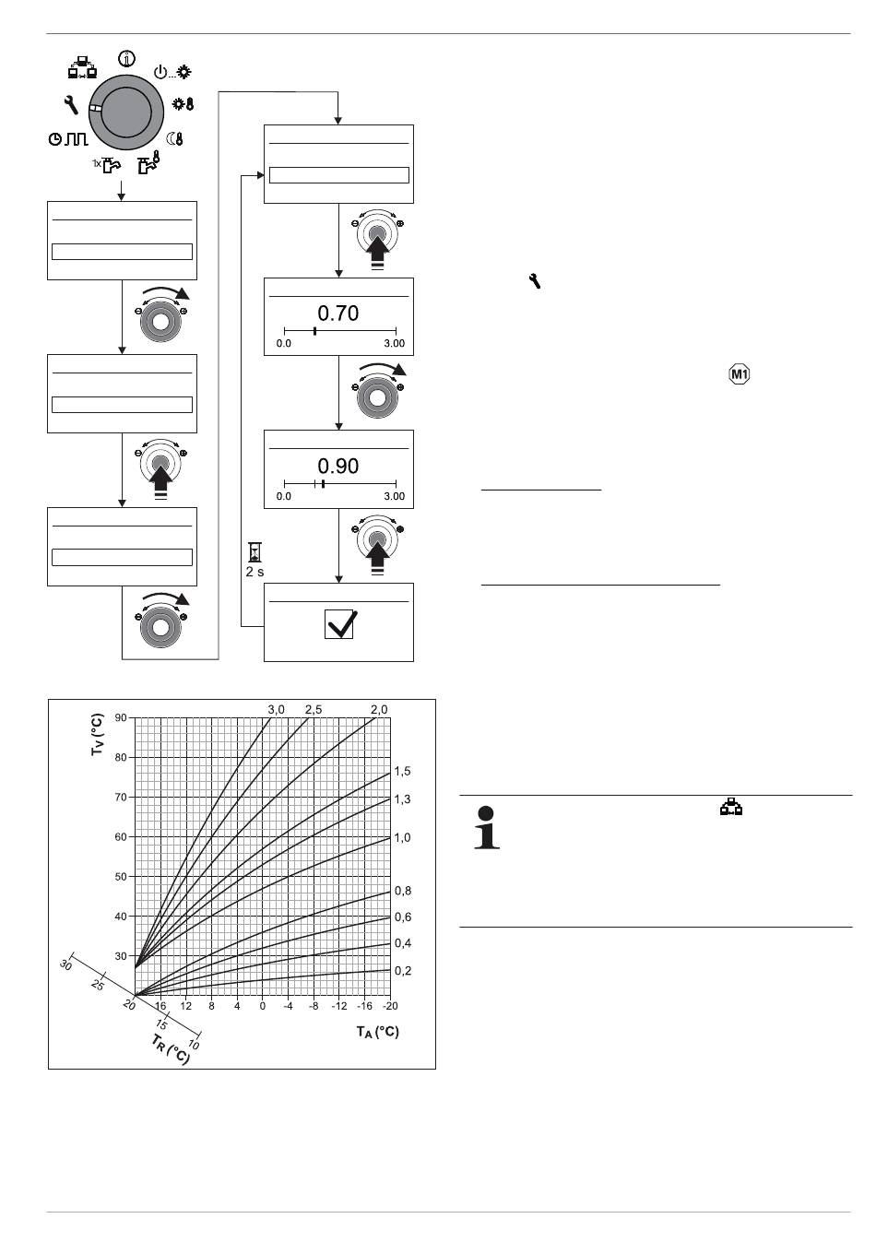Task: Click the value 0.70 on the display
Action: coord(338,313)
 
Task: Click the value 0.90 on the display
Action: coord(338,467)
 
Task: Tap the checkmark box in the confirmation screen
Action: coord(339,624)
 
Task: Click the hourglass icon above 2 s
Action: coord(255,552)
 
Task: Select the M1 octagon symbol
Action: coord(740,374)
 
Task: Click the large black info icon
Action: coord(487,827)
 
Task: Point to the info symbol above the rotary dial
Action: coord(126,59)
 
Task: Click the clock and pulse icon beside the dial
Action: coord(68,139)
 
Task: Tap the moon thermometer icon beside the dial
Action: coord(175,139)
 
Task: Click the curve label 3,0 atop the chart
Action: coord(277,710)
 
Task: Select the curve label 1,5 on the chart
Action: coord(403,772)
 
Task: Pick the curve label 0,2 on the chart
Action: coord(403,971)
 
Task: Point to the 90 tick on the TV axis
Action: coord(121,718)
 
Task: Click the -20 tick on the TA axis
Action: coord(390,1006)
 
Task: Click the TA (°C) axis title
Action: coord(378,1032)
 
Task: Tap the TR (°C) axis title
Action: coord(171,1049)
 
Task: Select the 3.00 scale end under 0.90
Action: coord(394,496)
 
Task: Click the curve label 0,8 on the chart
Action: coord(403,891)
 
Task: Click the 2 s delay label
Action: coord(255,572)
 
